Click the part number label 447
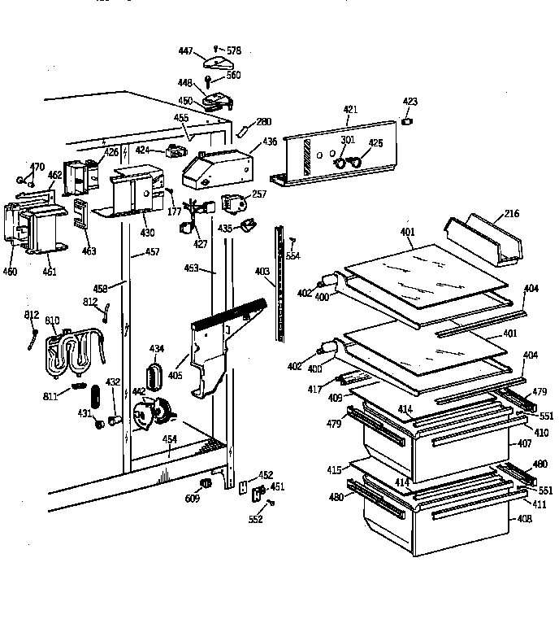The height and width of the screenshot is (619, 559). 185,51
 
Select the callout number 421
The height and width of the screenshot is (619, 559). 350,110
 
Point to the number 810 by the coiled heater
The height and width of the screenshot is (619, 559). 52,320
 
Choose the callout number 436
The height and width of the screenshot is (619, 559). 269,142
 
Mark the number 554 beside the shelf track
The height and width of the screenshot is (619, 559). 292,255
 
